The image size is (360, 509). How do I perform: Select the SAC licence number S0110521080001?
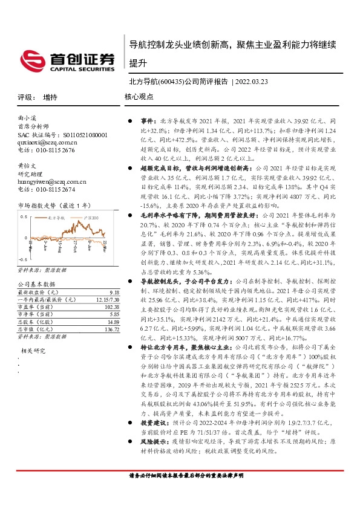tap(79, 135)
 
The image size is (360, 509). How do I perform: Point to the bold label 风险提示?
tap(152, 468)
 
